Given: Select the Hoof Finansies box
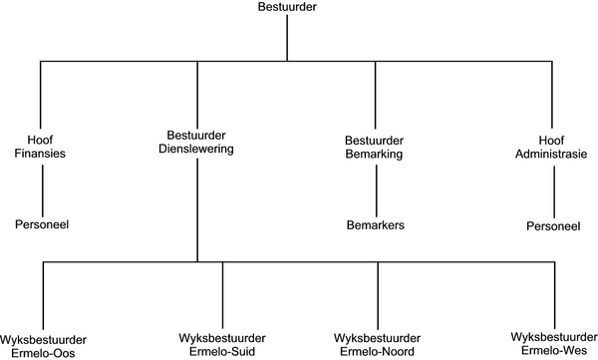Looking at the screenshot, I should click(x=42, y=147).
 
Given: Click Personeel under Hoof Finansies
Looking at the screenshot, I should click(x=42, y=225).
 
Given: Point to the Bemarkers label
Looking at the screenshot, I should click(x=375, y=226).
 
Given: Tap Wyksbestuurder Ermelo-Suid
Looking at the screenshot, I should click(x=219, y=345).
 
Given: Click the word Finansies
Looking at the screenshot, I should click(x=42, y=155).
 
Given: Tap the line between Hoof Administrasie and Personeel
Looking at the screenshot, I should click(x=553, y=189).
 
